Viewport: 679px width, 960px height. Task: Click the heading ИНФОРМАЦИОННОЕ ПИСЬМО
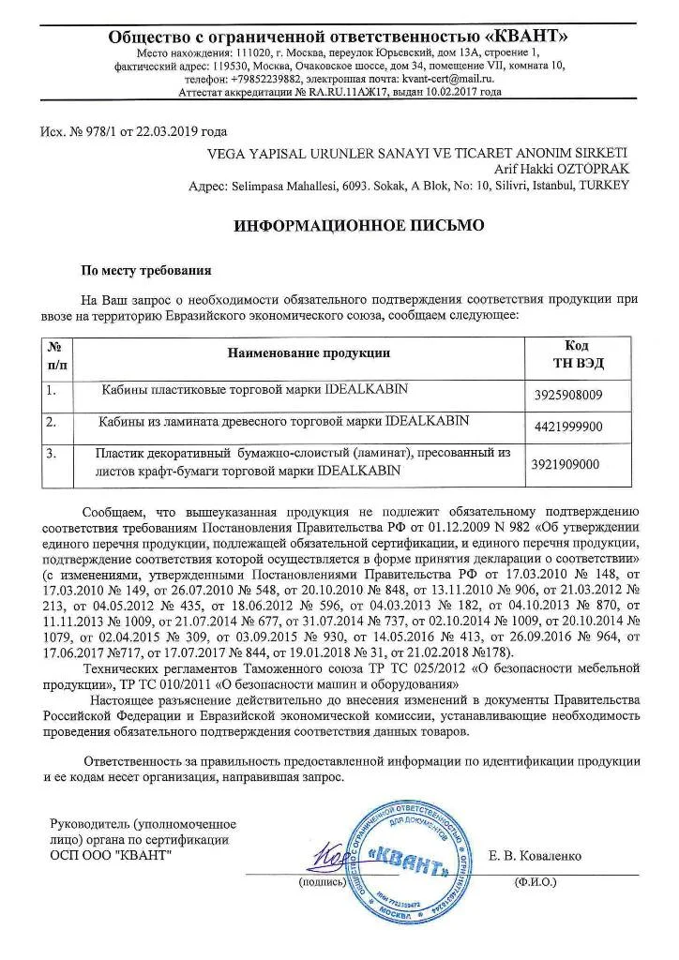(x=339, y=226)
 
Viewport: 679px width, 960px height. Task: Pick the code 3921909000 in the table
(x=565, y=463)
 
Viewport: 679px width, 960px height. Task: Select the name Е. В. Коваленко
(x=536, y=856)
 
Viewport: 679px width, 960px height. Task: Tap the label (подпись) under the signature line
(x=321, y=882)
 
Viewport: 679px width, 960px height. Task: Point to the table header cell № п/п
(x=57, y=353)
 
